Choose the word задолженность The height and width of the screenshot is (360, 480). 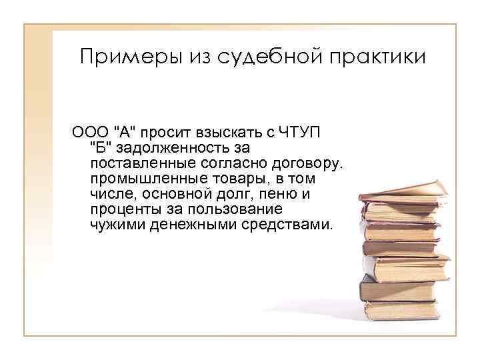point(178,147)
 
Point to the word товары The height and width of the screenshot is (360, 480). point(221,179)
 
